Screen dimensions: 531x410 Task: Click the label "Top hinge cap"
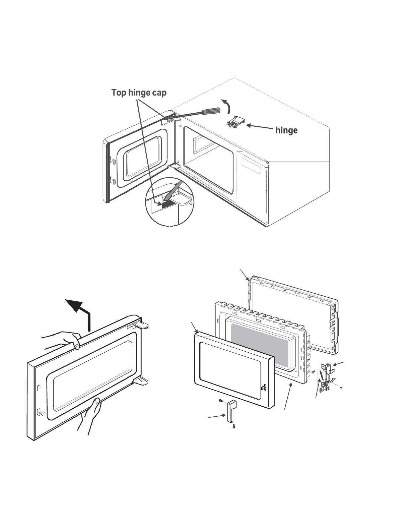tap(139, 93)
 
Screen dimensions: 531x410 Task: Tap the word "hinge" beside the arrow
tap(286, 130)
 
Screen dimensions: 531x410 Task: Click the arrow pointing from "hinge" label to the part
tap(260, 127)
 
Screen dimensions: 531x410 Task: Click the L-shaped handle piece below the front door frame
tap(231, 412)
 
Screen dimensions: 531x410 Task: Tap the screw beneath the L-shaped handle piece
tap(234, 426)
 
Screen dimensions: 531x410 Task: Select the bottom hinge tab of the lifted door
tap(141, 380)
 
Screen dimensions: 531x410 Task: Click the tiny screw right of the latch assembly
tap(341, 388)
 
